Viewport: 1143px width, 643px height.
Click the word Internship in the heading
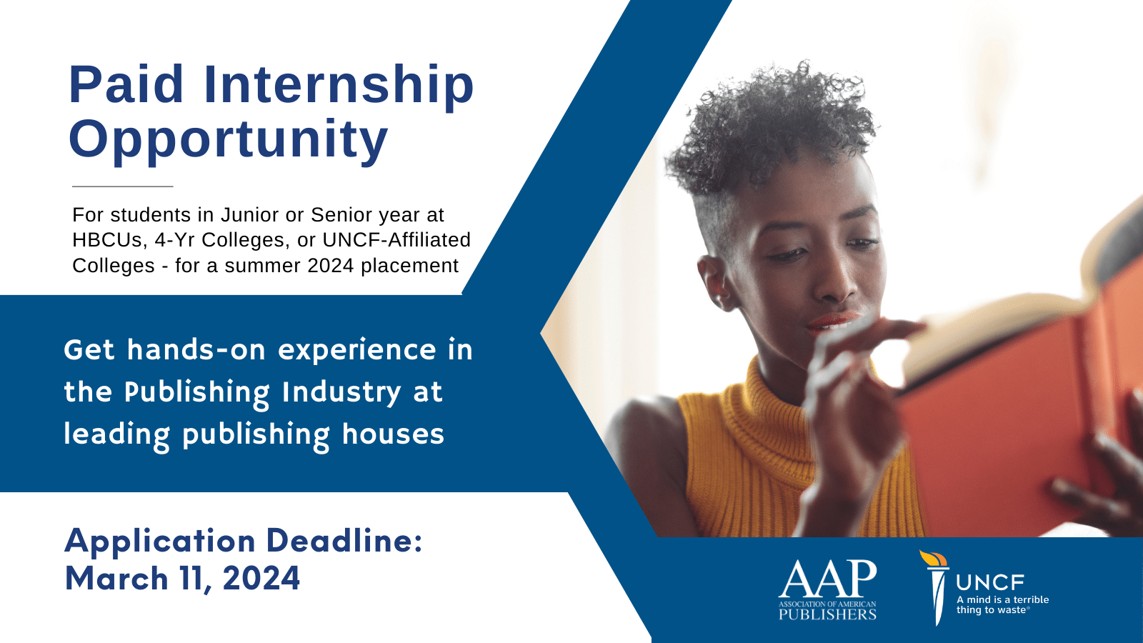(339, 85)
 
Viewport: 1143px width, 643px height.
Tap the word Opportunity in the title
(228, 140)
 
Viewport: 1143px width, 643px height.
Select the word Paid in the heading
(126, 84)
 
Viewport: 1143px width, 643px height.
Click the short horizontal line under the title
(122, 186)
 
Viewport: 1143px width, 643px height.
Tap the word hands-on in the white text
(196, 350)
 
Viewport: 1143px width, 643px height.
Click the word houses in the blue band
(393, 434)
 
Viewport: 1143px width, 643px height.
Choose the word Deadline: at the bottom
(344, 541)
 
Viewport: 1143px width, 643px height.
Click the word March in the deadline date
(117, 579)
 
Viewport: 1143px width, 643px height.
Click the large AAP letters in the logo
(828, 579)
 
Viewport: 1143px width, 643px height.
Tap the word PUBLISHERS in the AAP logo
(828, 614)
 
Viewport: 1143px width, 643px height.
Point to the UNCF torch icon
(935, 587)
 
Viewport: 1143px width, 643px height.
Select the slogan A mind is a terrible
(1003, 599)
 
